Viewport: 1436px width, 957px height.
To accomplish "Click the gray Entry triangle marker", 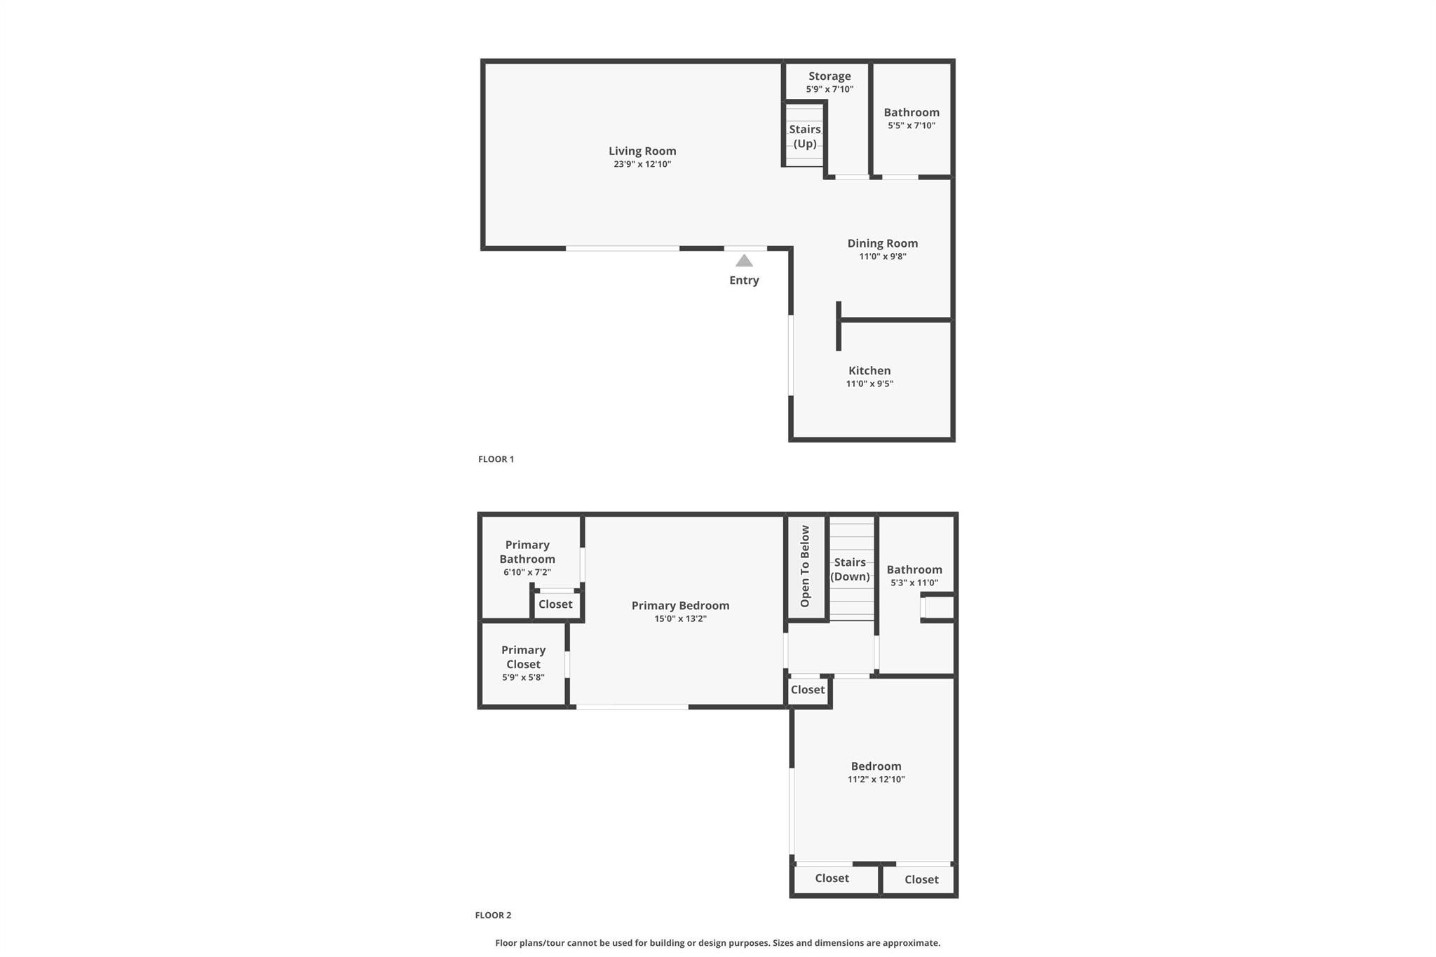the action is [744, 261].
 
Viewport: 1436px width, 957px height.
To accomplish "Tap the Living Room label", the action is [642, 151].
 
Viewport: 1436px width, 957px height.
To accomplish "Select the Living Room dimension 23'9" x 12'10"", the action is [642, 164].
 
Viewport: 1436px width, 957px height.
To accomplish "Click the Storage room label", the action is [829, 76].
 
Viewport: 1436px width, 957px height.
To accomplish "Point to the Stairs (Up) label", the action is [805, 137].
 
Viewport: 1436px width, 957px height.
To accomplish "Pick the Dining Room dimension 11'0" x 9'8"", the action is [883, 257].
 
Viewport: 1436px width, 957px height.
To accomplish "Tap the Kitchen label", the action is [869, 371].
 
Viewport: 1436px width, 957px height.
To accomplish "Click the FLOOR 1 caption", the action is [496, 459].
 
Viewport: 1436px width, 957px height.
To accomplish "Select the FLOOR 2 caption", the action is [493, 915].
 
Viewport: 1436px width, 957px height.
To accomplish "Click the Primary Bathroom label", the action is [527, 552].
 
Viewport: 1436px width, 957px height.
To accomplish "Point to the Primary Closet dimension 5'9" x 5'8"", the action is [523, 677].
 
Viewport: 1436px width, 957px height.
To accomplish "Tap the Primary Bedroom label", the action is [680, 606].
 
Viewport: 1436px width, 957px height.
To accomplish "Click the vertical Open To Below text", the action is [805, 566].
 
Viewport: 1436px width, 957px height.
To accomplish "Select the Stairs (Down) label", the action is [850, 569].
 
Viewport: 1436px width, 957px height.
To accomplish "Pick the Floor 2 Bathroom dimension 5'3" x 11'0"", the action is [914, 583].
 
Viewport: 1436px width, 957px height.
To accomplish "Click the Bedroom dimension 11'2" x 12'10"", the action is [876, 779].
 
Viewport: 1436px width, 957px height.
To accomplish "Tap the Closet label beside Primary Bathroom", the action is [555, 604].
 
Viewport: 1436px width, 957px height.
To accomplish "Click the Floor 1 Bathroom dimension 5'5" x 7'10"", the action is [912, 125].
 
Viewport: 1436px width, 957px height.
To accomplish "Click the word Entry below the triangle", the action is [744, 280].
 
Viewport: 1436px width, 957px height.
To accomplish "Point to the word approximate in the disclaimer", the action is [912, 943].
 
